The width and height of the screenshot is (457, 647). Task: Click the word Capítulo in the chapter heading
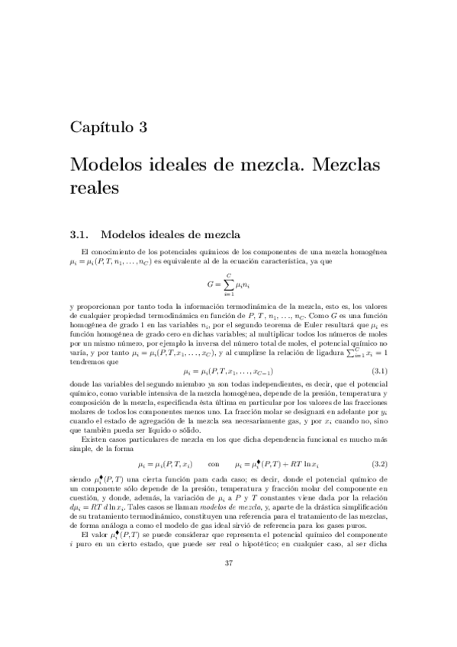point(100,127)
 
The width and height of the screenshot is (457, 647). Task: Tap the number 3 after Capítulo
point(143,127)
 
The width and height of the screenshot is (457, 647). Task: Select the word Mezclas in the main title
point(344,164)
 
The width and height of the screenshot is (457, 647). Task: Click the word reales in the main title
point(95,185)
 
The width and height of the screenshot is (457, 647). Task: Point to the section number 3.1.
point(79,233)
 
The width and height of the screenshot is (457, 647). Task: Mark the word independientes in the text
point(272,386)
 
